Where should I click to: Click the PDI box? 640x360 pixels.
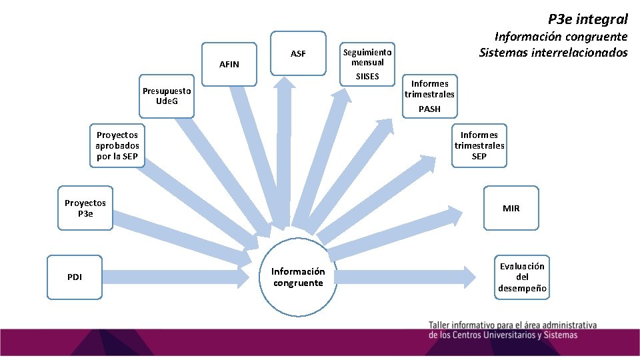point(75,277)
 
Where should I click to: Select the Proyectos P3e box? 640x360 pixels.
point(85,208)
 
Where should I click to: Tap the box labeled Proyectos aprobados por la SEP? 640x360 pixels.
point(117,146)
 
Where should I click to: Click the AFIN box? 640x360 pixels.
point(229,64)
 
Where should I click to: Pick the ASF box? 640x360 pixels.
point(298,53)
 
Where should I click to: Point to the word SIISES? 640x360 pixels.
point(367,77)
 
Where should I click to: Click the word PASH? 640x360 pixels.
point(429,109)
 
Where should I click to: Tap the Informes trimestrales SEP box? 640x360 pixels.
point(479,146)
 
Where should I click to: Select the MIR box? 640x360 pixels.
point(511,208)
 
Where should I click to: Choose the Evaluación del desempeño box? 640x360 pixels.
point(522,277)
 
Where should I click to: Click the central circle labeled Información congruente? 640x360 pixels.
point(297,277)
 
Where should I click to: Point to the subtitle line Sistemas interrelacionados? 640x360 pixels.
point(553,52)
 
